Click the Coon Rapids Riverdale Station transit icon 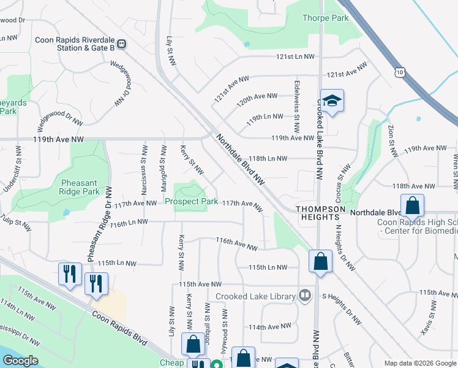pyautogui.click(x=122, y=44)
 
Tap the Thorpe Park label pyautogui.click(x=325, y=18)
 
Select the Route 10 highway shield pyautogui.click(x=400, y=72)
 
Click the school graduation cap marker pyautogui.click(x=332, y=101)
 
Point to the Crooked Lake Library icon pyautogui.click(x=304, y=296)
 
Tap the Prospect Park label pyautogui.click(x=191, y=201)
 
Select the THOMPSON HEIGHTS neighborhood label pyautogui.click(x=320, y=210)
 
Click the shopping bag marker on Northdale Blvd pyautogui.click(x=413, y=205)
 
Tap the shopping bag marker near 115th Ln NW pyautogui.click(x=320, y=263)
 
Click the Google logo pyautogui.click(x=20, y=361)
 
